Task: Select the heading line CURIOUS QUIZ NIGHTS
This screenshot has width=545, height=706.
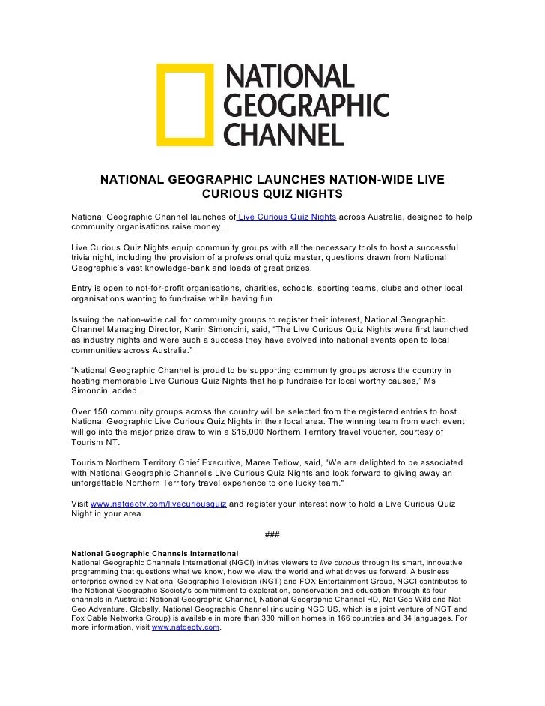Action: pyautogui.click(x=272, y=195)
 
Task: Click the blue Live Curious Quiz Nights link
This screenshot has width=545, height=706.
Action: pyautogui.click(x=286, y=217)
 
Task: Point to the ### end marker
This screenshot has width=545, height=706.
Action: pyautogui.click(x=272, y=534)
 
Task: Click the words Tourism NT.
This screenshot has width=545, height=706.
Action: pyautogui.click(x=97, y=442)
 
